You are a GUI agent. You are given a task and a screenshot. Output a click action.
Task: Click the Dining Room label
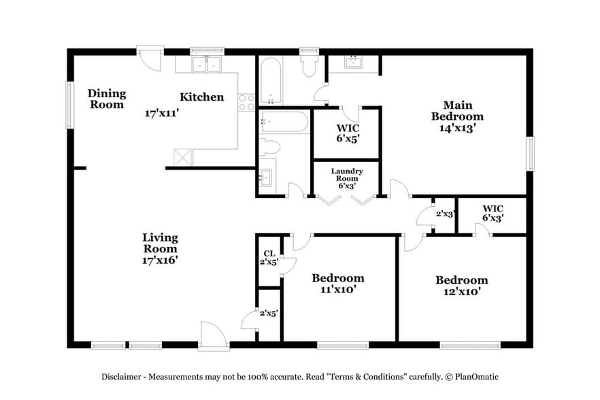pos(106,99)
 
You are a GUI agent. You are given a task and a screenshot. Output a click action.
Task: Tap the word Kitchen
pos(201,97)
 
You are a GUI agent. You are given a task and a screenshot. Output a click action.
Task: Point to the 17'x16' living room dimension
pos(160,259)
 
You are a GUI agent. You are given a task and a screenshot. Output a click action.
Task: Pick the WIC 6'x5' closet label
pos(348,133)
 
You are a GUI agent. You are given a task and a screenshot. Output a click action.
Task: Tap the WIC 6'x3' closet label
pos(493,213)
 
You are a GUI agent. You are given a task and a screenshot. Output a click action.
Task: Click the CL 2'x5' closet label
pos(269,257)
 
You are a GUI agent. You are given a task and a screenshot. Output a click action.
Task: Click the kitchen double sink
pos(207,65)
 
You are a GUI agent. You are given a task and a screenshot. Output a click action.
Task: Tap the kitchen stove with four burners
pos(246,102)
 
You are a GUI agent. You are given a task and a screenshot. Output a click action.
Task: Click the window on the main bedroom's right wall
pos(531,154)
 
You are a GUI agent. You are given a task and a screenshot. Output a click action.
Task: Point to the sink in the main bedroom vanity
pos(353,63)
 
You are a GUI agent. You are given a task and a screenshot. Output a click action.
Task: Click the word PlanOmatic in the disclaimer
pos(476,376)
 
